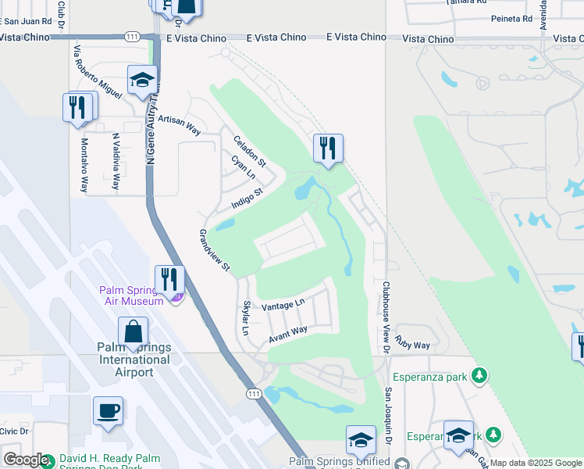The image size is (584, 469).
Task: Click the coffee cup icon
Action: coord(108,410)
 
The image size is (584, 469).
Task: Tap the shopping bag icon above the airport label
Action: coord(133,331)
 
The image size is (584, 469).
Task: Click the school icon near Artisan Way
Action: coord(143,80)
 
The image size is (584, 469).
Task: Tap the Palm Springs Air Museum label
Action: coord(131,295)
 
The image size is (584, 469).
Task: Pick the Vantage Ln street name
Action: coord(282,305)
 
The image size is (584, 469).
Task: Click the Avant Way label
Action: coord(288,334)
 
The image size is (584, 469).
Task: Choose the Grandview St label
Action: coord(214,250)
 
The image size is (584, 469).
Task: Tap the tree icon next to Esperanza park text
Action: coord(481,377)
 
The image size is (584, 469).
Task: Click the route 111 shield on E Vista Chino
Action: coord(132,37)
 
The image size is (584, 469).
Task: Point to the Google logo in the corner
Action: coord(26,460)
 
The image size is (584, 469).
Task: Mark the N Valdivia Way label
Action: coord(116,161)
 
